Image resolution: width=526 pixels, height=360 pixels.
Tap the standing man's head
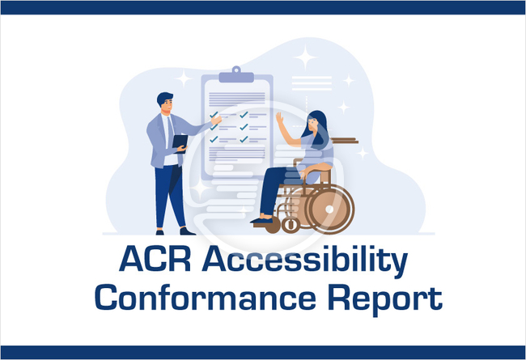click(164, 103)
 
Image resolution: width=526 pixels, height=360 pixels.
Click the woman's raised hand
click(279, 118)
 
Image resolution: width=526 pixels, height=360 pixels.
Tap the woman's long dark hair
click(320, 129)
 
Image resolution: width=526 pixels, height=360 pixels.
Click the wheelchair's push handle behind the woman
click(345, 140)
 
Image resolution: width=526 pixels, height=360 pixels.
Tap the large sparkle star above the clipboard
click(305, 57)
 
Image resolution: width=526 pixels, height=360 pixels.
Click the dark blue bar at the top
click(263, 7)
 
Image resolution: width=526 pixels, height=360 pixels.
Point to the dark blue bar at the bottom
click(263, 352)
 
